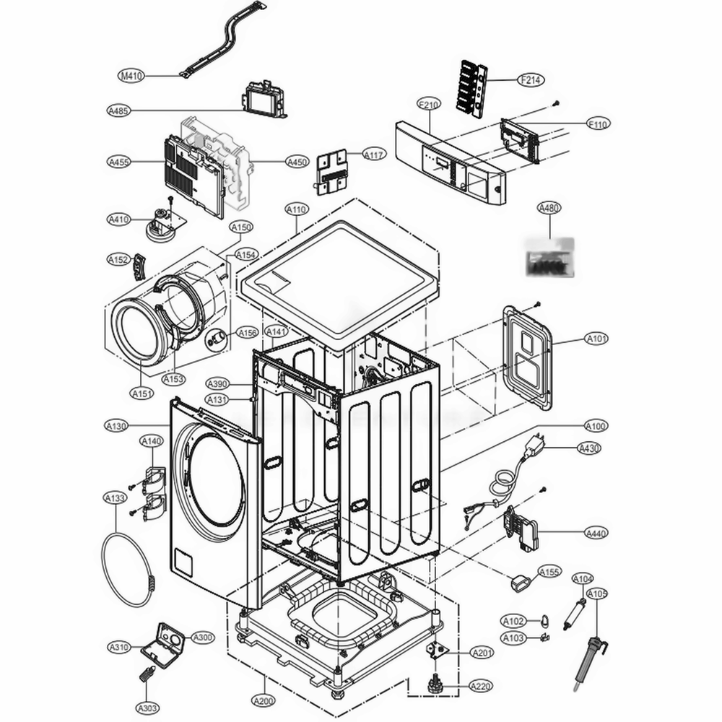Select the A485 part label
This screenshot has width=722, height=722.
click(x=118, y=110)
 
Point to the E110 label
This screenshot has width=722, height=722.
click(x=597, y=124)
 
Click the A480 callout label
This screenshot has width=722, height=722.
click(x=549, y=208)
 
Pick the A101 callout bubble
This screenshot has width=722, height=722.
click(x=596, y=338)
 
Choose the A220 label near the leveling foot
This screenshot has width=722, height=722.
click(x=481, y=685)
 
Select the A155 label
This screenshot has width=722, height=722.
click(x=549, y=573)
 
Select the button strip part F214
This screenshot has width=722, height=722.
click(x=471, y=87)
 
